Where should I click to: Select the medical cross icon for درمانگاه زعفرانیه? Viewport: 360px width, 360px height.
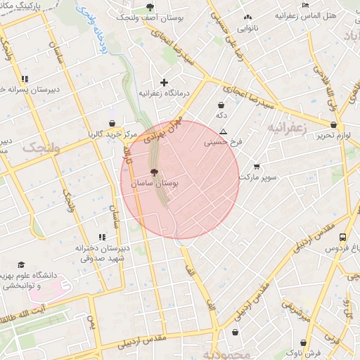164,82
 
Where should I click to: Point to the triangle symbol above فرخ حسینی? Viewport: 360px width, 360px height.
223,131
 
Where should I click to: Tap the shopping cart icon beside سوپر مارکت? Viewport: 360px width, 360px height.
257,167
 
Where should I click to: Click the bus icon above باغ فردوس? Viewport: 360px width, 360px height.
342,238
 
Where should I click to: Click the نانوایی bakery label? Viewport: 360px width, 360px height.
247,29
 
